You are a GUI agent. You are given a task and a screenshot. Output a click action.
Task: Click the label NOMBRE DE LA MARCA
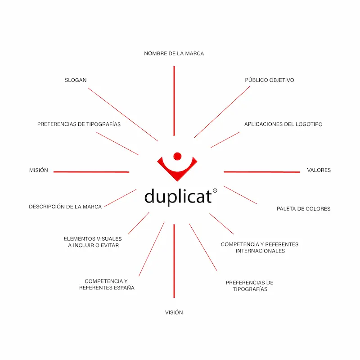[x=174, y=53]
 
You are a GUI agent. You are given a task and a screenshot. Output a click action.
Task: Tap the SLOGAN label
[x=76, y=80]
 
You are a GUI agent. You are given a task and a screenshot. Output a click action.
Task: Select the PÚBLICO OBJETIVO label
[x=270, y=80]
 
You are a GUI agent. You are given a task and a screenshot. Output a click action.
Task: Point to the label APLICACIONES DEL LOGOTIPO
[x=283, y=124]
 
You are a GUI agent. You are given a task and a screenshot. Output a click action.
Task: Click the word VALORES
[x=319, y=170]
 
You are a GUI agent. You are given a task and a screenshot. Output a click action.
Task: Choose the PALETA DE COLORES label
[x=303, y=209]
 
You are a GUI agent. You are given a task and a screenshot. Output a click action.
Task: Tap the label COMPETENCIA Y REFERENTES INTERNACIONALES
[x=260, y=247]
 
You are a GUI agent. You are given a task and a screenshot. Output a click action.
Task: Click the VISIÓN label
[x=174, y=312]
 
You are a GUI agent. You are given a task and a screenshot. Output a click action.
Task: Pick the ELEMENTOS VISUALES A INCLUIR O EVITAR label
[x=93, y=242]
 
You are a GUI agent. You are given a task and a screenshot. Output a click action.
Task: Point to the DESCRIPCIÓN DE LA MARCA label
[x=65, y=207]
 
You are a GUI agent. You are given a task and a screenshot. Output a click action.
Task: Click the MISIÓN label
[x=38, y=171]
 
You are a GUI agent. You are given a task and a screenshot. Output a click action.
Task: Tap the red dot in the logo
[x=177, y=156]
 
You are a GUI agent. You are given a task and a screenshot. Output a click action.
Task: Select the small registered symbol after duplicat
[x=215, y=190]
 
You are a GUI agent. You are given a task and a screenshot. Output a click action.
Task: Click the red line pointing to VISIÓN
[x=174, y=261]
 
